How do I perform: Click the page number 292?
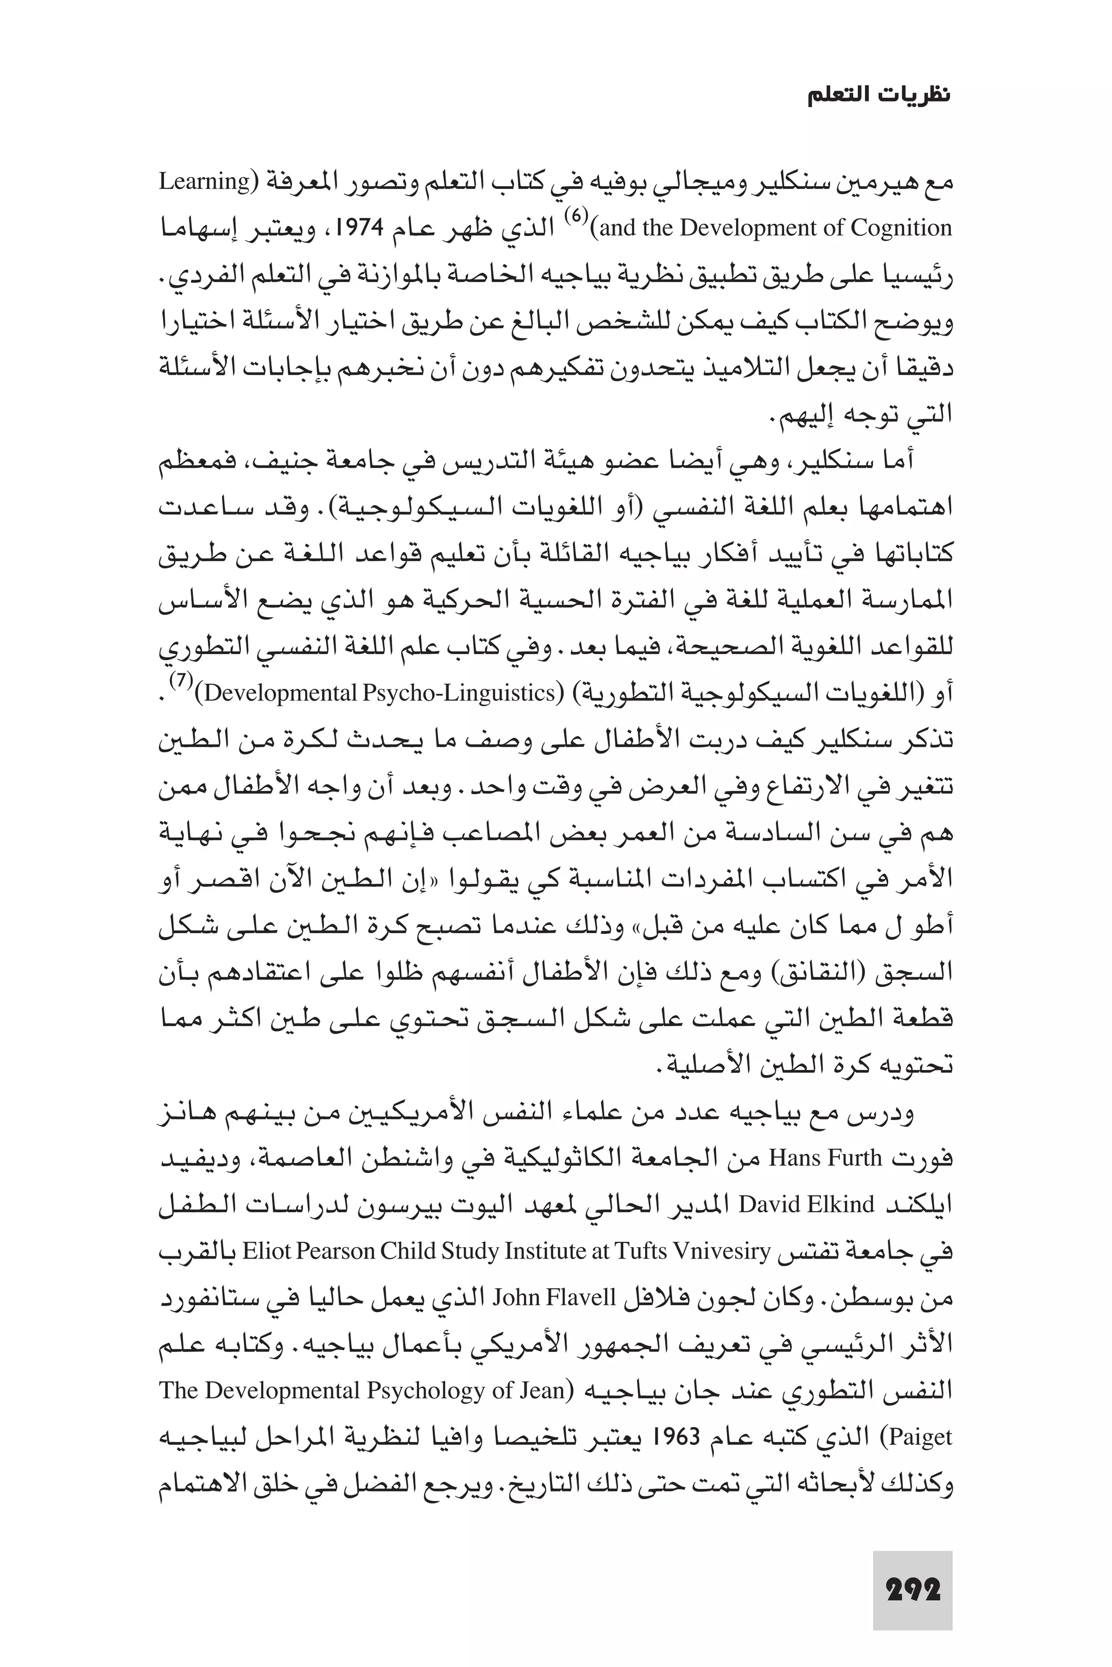tap(913, 1589)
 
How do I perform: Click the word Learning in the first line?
tap(202, 183)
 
